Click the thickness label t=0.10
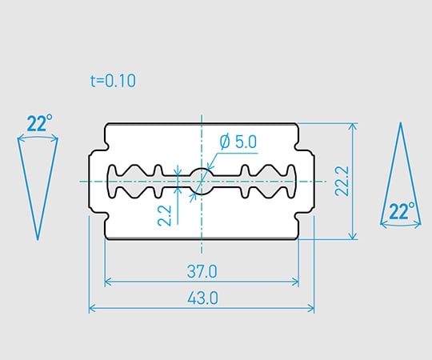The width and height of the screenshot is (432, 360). click(x=114, y=81)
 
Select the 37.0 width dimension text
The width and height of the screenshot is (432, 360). click(x=202, y=271)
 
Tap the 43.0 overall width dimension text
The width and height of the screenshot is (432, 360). click(x=202, y=298)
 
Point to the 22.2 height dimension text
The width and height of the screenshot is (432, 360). click(x=342, y=181)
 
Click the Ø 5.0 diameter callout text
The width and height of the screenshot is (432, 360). click(x=238, y=142)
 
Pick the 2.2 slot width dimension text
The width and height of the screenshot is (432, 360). click(x=164, y=216)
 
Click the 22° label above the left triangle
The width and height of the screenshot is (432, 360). click(x=40, y=123)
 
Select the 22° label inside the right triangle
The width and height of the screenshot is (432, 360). click(x=402, y=210)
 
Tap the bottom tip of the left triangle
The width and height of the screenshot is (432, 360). click(x=38, y=239)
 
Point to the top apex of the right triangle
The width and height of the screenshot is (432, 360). click(x=401, y=123)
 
